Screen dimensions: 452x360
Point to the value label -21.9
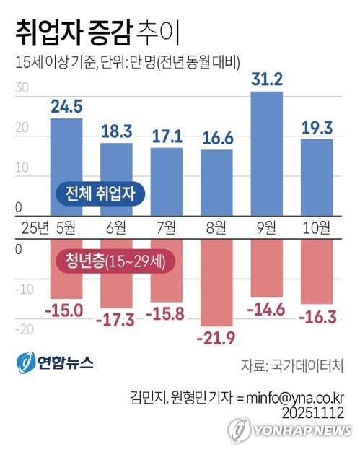click(217, 338)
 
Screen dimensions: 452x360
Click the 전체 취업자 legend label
click(100, 194)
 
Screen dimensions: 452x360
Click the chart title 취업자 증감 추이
click(95, 32)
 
